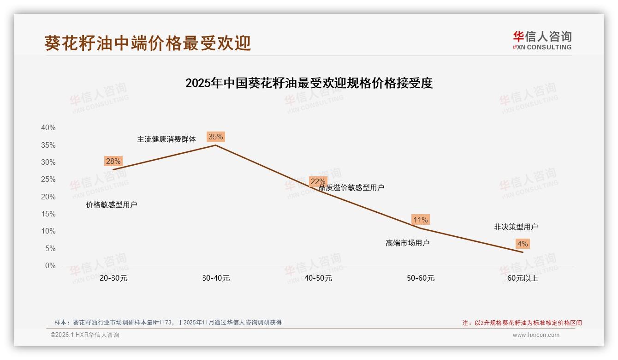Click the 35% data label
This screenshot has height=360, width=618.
(x=215, y=137)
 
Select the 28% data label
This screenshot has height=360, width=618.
(x=113, y=161)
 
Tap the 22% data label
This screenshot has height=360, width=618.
(x=318, y=181)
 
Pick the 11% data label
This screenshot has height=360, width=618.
(x=420, y=220)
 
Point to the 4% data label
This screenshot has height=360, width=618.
(x=523, y=244)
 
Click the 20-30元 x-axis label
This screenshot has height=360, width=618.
(x=113, y=278)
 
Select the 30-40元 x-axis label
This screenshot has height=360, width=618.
(x=216, y=278)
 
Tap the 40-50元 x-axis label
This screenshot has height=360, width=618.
(x=318, y=278)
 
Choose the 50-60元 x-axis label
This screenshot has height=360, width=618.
(x=421, y=278)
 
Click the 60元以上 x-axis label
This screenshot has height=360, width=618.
(x=523, y=278)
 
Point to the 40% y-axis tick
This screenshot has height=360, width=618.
(x=48, y=128)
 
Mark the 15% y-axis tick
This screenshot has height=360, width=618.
(x=48, y=214)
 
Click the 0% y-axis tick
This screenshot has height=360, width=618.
(x=50, y=266)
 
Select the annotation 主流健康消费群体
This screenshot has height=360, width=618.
(x=166, y=139)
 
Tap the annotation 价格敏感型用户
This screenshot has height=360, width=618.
(x=112, y=204)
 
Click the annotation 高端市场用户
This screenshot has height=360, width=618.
(x=408, y=243)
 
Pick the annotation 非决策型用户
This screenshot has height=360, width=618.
(x=516, y=227)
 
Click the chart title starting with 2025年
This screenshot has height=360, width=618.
(x=309, y=83)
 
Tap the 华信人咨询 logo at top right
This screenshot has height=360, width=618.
(x=542, y=40)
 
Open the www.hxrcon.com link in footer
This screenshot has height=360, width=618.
(x=536, y=335)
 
